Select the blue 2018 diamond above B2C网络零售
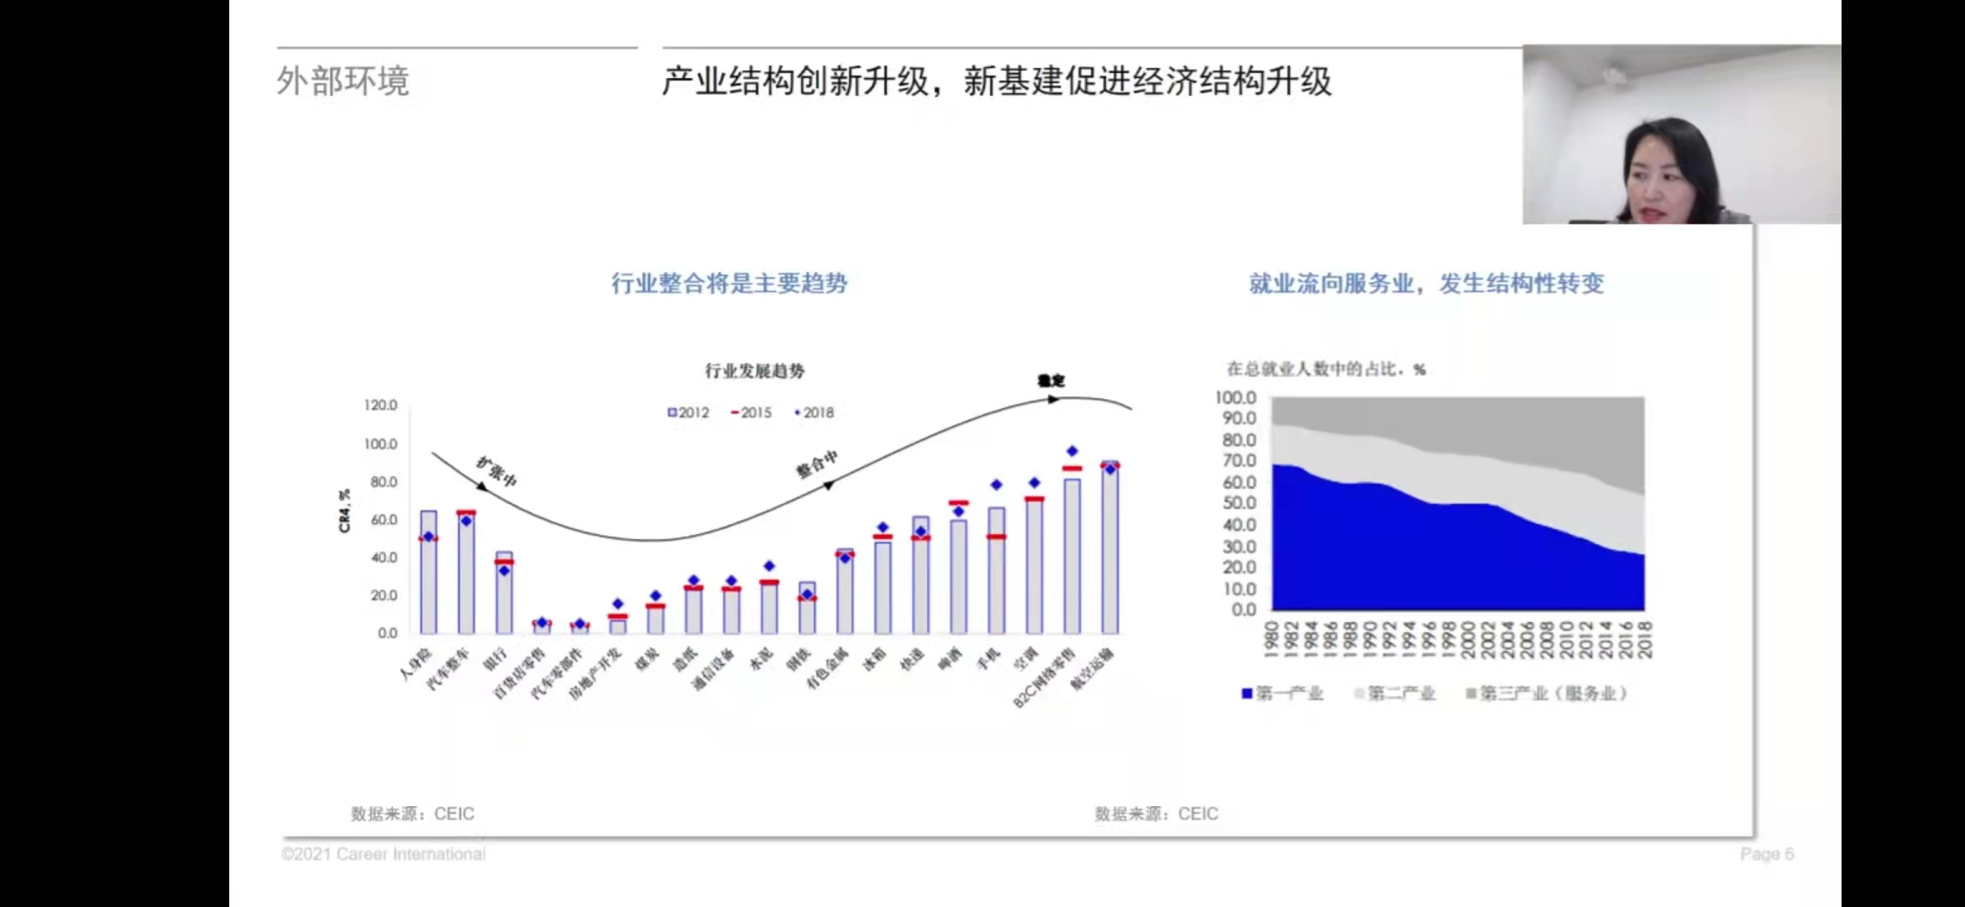[x=1072, y=451]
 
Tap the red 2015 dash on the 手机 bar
[x=997, y=537]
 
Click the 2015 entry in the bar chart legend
[x=752, y=412]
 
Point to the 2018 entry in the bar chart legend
[x=815, y=412]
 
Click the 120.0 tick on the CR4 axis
[x=380, y=405]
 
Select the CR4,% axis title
[x=344, y=511]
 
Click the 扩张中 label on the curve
[x=497, y=471]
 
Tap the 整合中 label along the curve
[x=817, y=463]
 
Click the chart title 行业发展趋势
[x=754, y=370]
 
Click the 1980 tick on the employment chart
[x=1272, y=639]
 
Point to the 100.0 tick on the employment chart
[x=1235, y=397]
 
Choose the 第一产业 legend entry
[x=1283, y=693]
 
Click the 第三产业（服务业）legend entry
[x=1547, y=693]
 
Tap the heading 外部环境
[x=343, y=81]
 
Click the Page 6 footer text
[x=1766, y=854]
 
